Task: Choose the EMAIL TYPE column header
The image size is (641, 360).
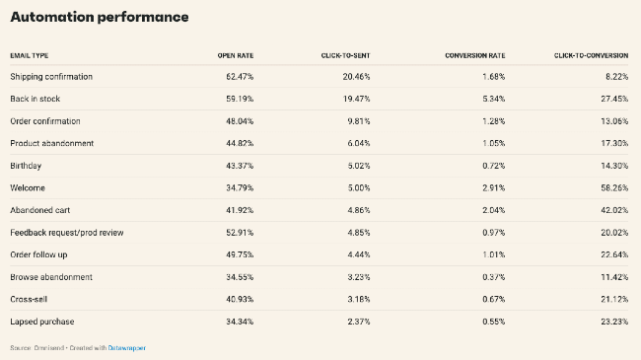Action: (x=30, y=54)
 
